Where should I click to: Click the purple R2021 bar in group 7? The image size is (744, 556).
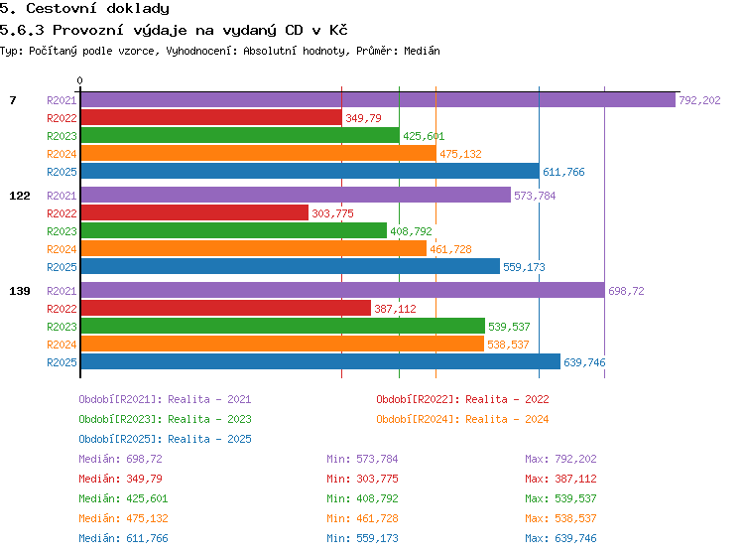(x=378, y=99)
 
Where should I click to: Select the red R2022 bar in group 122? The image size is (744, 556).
(x=194, y=212)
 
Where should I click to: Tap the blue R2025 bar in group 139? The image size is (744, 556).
(x=320, y=361)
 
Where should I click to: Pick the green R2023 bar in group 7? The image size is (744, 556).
(x=240, y=135)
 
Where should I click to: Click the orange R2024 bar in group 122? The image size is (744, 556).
(x=253, y=248)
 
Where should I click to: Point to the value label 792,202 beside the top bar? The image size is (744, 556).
(x=699, y=100)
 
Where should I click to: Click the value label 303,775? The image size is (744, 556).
(x=332, y=213)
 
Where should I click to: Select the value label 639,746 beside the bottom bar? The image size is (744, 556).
(x=584, y=362)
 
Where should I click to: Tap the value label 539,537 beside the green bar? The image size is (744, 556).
(x=509, y=327)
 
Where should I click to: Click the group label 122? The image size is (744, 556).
(x=20, y=196)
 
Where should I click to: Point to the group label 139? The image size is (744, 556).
(x=20, y=291)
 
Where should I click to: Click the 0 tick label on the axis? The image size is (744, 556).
(x=79, y=80)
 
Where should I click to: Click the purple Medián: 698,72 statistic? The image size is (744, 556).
(x=120, y=459)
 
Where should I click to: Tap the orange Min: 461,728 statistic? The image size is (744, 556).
(x=362, y=518)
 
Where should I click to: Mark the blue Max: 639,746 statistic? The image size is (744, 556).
(x=560, y=538)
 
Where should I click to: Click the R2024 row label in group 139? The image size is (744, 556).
(x=62, y=345)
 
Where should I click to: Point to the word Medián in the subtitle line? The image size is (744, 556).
(x=422, y=51)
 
